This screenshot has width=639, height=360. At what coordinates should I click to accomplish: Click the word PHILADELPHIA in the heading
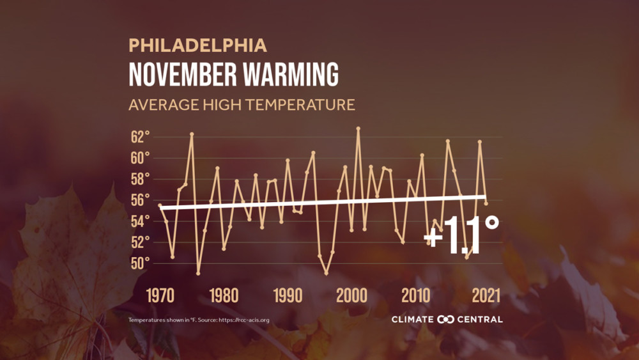pos(197,45)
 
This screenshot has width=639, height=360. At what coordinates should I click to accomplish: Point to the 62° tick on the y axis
pos(140,137)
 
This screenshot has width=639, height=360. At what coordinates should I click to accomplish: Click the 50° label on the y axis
pos(140,263)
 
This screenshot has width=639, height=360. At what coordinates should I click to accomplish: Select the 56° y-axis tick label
pos(140,200)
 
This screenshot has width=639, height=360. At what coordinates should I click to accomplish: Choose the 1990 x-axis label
pos(288,295)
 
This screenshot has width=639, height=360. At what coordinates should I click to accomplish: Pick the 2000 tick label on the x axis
pos(351,295)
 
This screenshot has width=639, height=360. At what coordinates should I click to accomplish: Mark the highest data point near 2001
pos(358,128)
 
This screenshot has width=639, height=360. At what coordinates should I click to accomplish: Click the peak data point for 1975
pos(192,134)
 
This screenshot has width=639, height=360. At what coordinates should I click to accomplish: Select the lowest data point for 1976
pos(198,273)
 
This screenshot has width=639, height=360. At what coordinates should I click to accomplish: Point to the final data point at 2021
pos(486,203)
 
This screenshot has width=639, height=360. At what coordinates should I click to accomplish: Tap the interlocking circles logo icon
pos(446,319)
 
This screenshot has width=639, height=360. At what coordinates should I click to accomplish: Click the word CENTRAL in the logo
pos(480,319)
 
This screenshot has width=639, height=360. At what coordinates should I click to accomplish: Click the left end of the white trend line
pos(160,208)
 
